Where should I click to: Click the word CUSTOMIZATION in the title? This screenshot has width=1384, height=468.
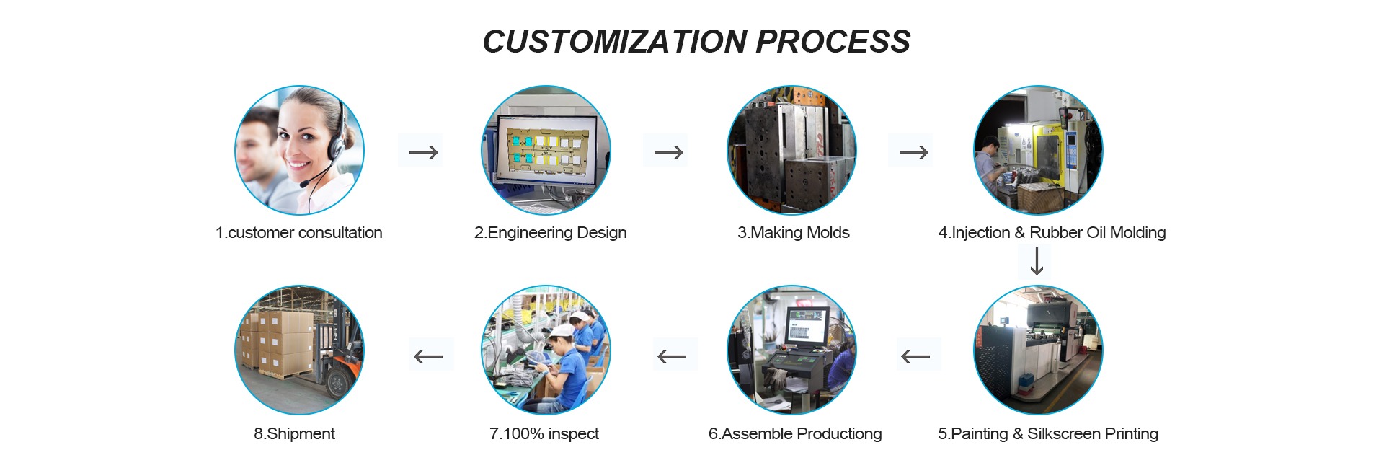pos(615,42)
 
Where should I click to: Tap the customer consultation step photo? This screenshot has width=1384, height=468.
pos(299,150)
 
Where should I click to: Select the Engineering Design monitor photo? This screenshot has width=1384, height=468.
pos(546,150)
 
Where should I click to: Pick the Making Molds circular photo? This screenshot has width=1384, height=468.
pos(791,150)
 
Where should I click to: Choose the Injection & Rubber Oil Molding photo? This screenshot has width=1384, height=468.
pos(1038,150)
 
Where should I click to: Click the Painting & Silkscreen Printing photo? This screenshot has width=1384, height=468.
pos(1038,350)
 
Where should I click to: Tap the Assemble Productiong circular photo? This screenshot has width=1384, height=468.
pos(791,350)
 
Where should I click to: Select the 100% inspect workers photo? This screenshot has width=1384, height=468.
pos(546,350)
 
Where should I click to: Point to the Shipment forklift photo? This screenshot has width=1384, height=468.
pos(299,350)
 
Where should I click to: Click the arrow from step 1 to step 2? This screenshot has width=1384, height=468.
pos(423,152)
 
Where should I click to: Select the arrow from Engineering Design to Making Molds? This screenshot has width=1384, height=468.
pos(668,152)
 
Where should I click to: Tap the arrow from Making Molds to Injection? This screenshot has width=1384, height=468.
pos(913,152)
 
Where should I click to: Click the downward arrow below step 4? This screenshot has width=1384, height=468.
pos(1037,261)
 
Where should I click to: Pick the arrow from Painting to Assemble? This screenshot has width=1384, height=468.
pos(915,356)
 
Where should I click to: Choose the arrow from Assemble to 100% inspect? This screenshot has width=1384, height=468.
pos(672,356)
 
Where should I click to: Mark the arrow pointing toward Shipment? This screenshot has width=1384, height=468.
pos(428,356)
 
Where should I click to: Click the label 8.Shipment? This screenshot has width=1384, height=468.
pos(294,433)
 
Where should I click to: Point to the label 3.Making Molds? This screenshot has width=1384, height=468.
pos(793,232)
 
